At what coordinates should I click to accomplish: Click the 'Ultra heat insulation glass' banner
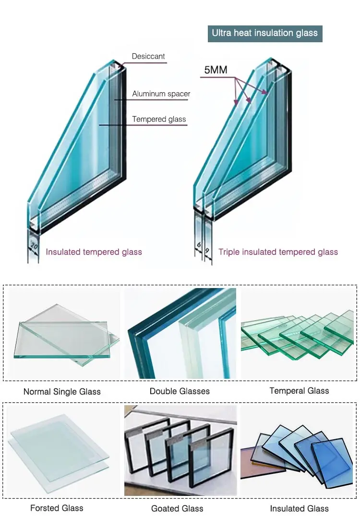pyautogui.click(x=265, y=33)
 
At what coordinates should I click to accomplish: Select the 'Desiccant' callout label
pyautogui.click(x=148, y=56)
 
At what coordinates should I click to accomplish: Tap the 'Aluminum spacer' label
pyautogui.click(x=161, y=94)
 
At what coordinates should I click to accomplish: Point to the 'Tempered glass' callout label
pyautogui.click(x=159, y=119)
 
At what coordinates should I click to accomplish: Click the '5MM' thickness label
pyautogui.click(x=216, y=70)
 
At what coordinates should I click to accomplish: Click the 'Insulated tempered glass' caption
pyautogui.click(x=94, y=252)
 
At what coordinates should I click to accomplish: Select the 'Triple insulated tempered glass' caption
pyautogui.click(x=278, y=252)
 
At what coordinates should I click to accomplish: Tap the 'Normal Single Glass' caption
pyautogui.click(x=62, y=391)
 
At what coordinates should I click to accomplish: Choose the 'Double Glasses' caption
pyautogui.click(x=180, y=391)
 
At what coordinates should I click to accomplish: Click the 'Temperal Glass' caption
pyautogui.click(x=299, y=390)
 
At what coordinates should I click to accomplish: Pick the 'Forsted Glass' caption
pyautogui.click(x=57, y=507)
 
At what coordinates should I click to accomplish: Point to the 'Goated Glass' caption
pyautogui.click(x=177, y=508)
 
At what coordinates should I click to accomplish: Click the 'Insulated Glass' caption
pyautogui.click(x=299, y=508)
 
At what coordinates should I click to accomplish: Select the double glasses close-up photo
pyautogui.click(x=180, y=333)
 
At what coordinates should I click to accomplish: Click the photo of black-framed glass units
pyautogui.click(x=180, y=450)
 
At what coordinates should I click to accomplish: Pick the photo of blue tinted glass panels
pyautogui.click(x=299, y=450)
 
